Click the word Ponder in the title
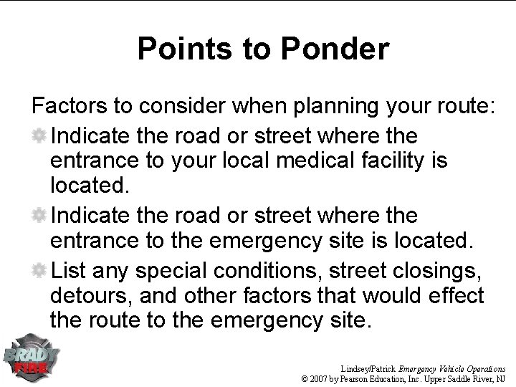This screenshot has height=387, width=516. click(x=336, y=49)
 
